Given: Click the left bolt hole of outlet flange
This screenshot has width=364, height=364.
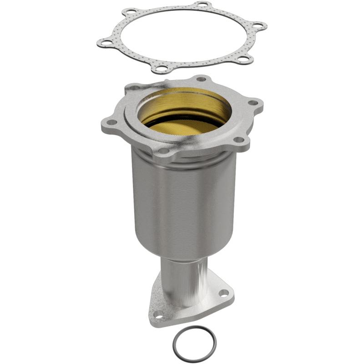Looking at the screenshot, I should click(x=158, y=313).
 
